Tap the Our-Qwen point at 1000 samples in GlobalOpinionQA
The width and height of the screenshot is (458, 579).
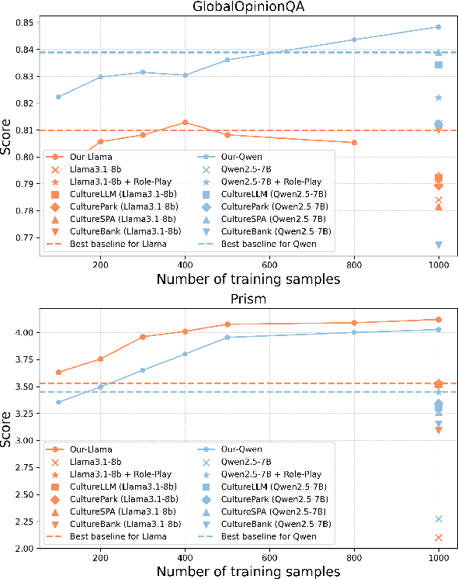pyautogui.click(x=439, y=27)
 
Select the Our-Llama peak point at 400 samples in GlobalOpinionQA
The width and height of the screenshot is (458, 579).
pyautogui.click(x=185, y=123)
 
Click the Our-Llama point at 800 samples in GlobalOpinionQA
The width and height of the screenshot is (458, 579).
pyautogui.click(x=354, y=142)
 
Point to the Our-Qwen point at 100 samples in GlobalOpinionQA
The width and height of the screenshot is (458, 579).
pyautogui.click(x=58, y=97)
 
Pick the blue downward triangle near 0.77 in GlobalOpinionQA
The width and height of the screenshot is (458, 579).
pyautogui.click(x=439, y=244)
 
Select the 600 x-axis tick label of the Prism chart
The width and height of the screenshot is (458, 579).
pyautogui.click(x=269, y=557)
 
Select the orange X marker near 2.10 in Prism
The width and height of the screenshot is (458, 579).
pyautogui.click(x=439, y=537)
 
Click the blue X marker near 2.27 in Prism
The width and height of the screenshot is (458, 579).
pyautogui.click(x=439, y=519)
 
